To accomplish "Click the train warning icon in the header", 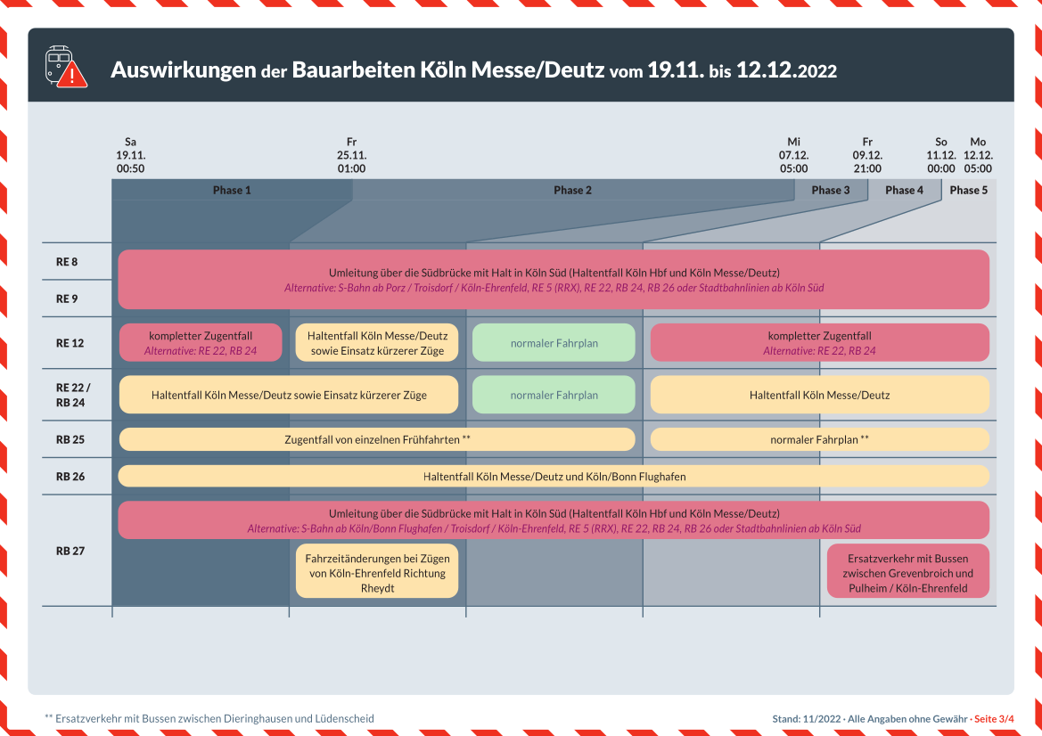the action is click(x=66, y=67).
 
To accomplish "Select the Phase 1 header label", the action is click(x=232, y=190).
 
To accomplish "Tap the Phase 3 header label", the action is click(x=831, y=190).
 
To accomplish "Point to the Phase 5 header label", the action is click(x=969, y=190).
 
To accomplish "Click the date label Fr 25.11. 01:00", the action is click(x=351, y=155).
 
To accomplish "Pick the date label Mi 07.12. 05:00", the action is click(x=793, y=155).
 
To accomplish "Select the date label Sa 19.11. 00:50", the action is click(x=130, y=155).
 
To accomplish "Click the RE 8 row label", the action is click(x=67, y=262).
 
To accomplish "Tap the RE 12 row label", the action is click(x=70, y=343).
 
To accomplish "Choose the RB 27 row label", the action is click(x=70, y=551).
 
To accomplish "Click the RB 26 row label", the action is click(x=70, y=477).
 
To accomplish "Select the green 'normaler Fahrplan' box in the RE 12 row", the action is click(x=554, y=343).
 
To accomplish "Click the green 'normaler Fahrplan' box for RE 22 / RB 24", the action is click(x=554, y=395).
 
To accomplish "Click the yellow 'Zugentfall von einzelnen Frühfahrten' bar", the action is click(x=377, y=439).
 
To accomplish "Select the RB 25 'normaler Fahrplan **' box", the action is click(x=819, y=439).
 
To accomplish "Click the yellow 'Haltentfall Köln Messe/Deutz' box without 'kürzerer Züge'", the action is click(x=819, y=395).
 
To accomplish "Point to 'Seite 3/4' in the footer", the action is click(x=994, y=719).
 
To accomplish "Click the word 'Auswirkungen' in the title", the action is click(x=184, y=70).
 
